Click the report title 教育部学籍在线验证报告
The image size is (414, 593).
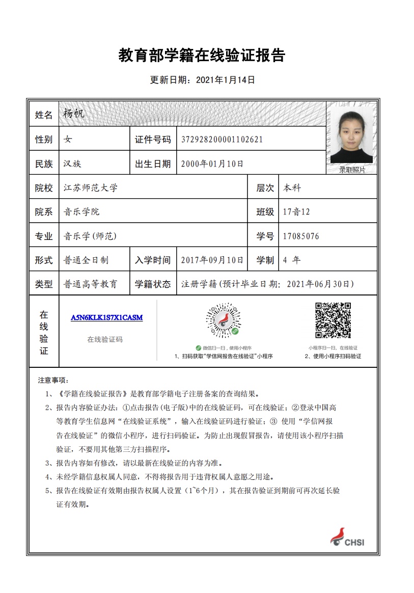[202, 55]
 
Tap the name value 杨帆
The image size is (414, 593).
[74, 113]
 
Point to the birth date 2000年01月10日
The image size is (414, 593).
[212, 164]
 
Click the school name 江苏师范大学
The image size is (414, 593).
[91, 187]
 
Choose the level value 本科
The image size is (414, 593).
[292, 187]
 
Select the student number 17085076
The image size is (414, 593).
[301, 236]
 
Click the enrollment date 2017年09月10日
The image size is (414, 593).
[212, 260]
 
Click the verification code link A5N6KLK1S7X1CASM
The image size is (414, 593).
[106, 317]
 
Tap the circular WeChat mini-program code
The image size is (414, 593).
[223, 320]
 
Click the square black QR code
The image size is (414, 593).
[333, 320]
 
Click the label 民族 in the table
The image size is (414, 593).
[44, 164]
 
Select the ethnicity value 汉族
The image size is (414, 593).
[72, 164]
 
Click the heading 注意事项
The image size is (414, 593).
[52, 380]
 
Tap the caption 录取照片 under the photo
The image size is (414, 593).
[352, 170]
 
